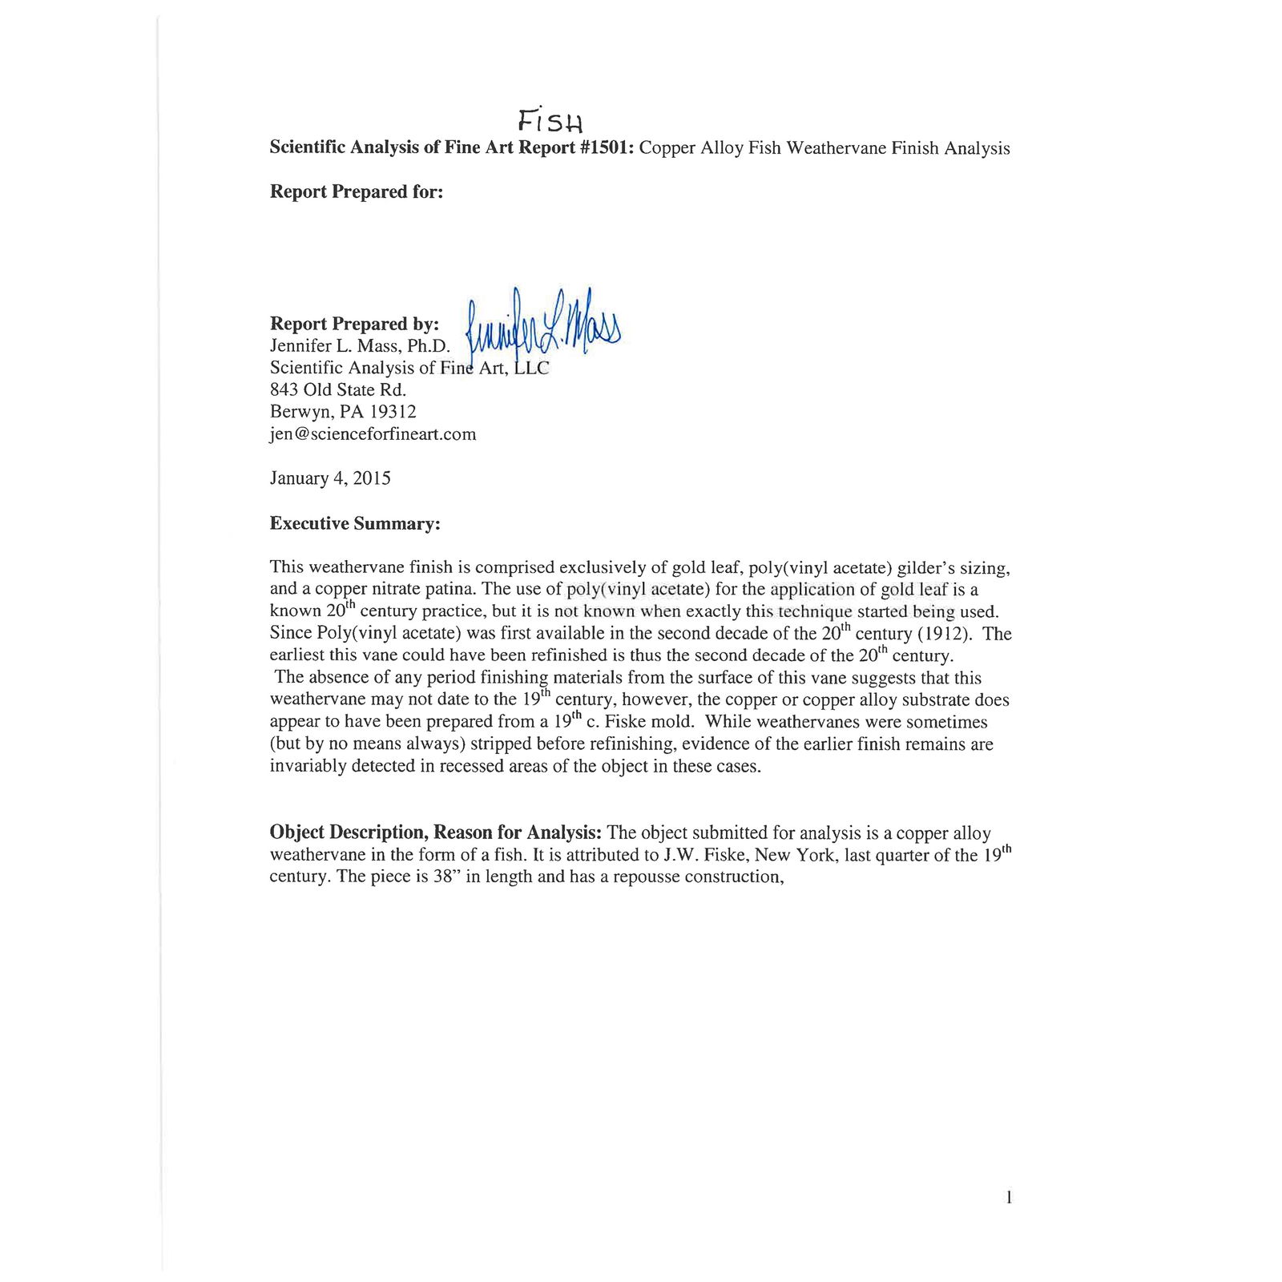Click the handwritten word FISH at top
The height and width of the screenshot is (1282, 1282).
550,120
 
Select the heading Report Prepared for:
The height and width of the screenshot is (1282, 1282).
356,192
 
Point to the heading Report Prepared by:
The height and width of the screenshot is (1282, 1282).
354,324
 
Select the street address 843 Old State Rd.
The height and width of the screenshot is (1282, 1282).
338,390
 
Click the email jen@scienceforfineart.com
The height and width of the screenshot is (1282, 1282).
373,434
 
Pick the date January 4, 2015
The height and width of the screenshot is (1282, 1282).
330,478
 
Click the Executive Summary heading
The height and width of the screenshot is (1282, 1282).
355,524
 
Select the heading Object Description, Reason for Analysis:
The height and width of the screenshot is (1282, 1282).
437,832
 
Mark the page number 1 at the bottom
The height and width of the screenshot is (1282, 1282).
1008,1198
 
